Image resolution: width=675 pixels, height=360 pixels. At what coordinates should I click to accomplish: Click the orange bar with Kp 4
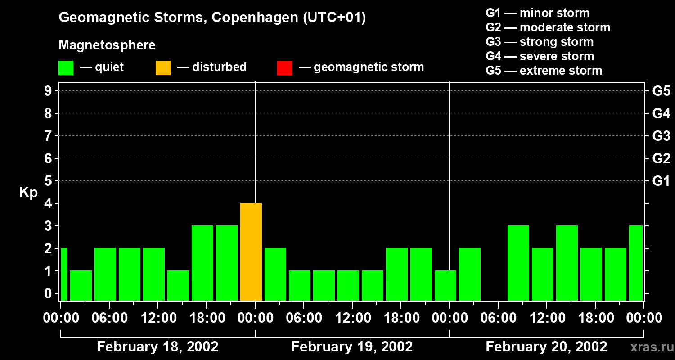tap(251, 252)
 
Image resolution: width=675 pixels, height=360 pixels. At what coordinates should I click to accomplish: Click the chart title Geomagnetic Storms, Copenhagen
tap(212, 18)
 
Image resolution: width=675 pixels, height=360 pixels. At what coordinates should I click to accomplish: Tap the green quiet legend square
tap(66, 67)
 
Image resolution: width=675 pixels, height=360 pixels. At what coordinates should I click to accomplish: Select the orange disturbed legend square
tap(163, 67)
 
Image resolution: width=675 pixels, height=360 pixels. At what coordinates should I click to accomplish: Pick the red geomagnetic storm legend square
tap(284, 67)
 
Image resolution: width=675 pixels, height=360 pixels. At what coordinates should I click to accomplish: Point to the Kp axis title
tap(28, 193)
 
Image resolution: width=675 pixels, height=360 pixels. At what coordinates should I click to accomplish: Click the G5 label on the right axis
tap(661, 91)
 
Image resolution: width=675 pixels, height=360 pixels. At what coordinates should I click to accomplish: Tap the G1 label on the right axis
tap(661, 181)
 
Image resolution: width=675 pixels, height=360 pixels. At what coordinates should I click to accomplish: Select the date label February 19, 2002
tap(352, 347)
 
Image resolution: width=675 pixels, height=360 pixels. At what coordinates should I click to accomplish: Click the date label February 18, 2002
tap(157, 347)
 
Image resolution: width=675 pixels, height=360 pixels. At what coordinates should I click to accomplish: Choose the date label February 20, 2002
tap(546, 347)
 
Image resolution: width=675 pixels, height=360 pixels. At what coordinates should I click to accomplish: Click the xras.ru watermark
tap(650, 347)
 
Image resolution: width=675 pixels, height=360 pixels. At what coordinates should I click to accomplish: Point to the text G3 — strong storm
tap(540, 42)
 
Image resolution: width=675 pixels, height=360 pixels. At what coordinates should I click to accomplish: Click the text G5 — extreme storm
tap(544, 71)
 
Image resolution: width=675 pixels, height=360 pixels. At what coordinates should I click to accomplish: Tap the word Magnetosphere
tap(107, 45)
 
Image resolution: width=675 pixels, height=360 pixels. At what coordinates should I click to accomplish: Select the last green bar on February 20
tap(636, 263)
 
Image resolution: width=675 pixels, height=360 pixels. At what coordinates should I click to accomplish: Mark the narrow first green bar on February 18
tap(64, 274)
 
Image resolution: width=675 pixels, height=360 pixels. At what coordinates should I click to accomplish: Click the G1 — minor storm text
tap(537, 13)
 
